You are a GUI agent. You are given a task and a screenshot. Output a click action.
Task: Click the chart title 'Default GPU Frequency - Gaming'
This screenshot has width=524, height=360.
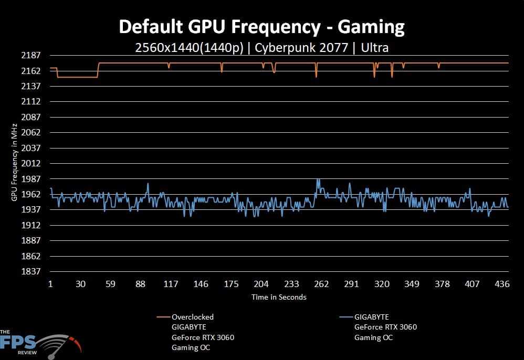coord(262,26)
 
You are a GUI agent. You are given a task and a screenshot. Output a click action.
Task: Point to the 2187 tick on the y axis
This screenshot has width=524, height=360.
coord(33,55)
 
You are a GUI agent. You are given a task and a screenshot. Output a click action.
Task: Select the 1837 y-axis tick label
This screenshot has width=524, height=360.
coord(33,271)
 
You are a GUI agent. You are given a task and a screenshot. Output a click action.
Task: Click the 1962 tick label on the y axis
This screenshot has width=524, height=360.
coord(33,194)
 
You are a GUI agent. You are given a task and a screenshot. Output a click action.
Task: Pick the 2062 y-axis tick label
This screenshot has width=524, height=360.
coord(33,132)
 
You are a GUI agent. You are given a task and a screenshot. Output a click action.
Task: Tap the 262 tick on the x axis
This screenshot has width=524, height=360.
coord(321,284)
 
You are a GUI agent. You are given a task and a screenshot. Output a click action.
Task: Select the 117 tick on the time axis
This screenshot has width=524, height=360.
coord(171,284)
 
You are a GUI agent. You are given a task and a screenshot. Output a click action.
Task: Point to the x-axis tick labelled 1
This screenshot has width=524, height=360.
coord(50,284)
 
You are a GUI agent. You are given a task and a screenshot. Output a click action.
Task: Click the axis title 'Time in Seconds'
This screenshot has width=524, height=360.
coord(279,297)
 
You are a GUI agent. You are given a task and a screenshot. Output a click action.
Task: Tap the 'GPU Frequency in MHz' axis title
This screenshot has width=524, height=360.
coord(14,163)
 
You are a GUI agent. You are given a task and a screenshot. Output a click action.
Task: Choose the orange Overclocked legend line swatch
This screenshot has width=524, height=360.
coord(163,317)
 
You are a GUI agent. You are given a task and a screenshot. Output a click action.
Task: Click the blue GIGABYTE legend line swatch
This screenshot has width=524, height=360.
coord(346,317)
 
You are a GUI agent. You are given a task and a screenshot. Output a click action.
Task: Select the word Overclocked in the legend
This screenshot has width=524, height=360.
coord(193,317)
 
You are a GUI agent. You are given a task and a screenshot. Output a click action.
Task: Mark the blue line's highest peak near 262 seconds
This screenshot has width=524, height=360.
coord(317,179)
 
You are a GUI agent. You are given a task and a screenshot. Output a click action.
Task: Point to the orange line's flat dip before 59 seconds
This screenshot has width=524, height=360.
coord(77,77)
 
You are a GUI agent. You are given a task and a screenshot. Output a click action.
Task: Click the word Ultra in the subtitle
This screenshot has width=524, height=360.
coord(375,48)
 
